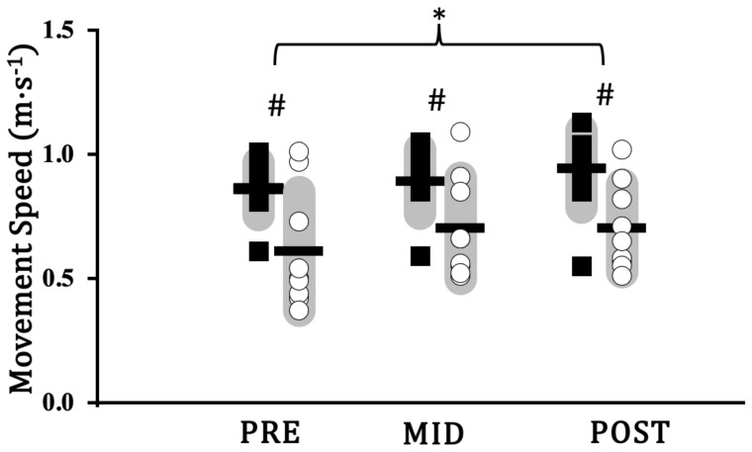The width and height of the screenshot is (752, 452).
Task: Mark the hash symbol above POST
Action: (x=605, y=95)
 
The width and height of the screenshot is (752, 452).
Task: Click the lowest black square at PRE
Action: (x=259, y=251)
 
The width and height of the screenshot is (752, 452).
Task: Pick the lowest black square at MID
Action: (x=421, y=256)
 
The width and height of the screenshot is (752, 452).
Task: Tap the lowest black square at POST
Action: (x=582, y=265)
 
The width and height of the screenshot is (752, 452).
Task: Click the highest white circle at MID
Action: (x=460, y=132)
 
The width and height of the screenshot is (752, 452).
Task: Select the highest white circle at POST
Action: (x=621, y=150)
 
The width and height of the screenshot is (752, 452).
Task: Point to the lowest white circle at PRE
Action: (x=298, y=311)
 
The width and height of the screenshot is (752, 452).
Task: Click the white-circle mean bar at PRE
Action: (x=298, y=251)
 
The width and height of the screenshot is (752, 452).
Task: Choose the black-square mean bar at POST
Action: (x=581, y=168)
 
